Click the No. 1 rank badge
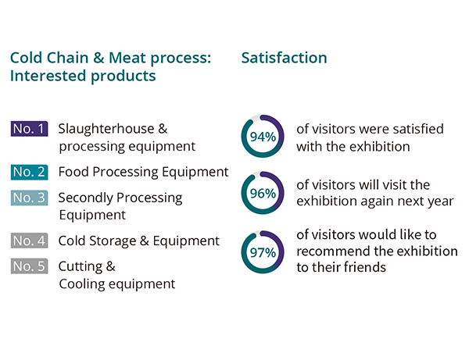click(x=30, y=129)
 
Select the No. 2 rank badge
click(x=30, y=172)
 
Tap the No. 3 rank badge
click(x=30, y=198)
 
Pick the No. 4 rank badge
click(x=30, y=241)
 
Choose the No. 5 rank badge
click(x=30, y=266)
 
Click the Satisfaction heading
click(x=285, y=58)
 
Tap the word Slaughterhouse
click(x=106, y=129)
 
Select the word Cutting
click(x=81, y=266)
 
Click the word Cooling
click(x=82, y=284)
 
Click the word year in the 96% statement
click(x=441, y=201)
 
